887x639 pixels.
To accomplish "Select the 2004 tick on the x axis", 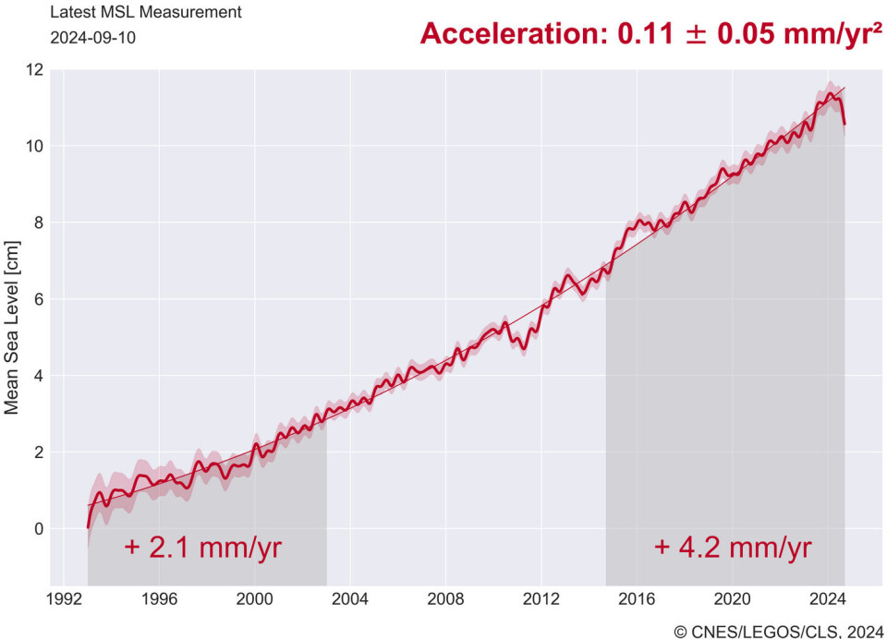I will pos(350,597).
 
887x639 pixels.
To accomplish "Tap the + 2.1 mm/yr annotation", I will pos(202,548).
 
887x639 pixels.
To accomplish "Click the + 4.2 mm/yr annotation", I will pos(733,548).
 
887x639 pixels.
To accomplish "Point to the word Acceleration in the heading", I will pos(506,34).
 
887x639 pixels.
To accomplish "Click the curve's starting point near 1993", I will pos(88,527).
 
